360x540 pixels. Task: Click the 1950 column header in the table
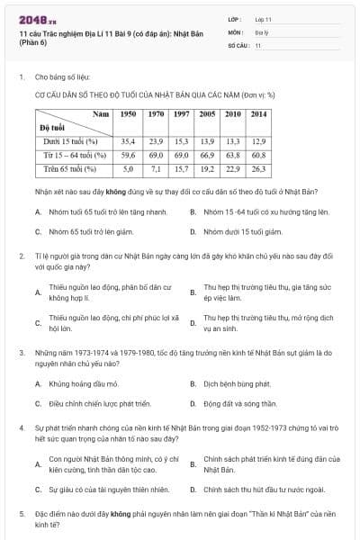[x=128, y=114]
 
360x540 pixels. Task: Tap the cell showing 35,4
[x=128, y=141]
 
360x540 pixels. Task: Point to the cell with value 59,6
[x=128, y=155]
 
